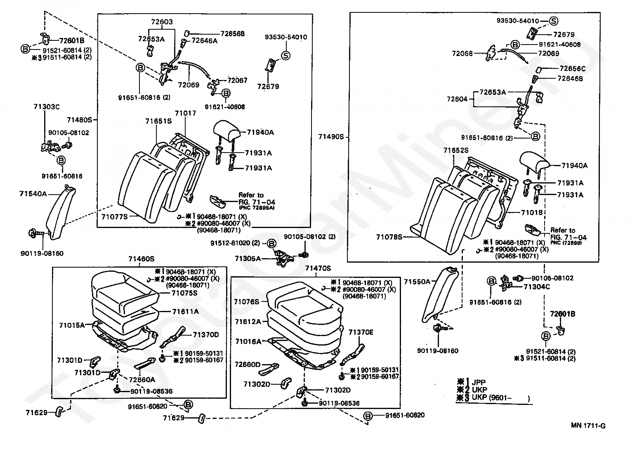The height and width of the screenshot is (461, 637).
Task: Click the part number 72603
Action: tap(162, 22)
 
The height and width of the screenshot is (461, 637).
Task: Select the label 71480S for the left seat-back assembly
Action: tap(80, 120)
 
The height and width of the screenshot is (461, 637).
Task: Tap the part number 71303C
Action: tap(47, 107)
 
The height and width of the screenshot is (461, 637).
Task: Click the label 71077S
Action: tap(114, 216)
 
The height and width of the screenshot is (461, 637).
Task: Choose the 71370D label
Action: tap(205, 334)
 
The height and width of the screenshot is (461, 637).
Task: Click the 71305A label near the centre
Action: tap(248, 259)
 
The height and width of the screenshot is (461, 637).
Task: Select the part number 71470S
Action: tap(318, 268)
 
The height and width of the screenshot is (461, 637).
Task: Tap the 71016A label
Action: tap(248, 341)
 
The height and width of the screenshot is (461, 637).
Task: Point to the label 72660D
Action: tap(248, 365)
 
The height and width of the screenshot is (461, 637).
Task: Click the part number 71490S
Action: tap(331, 136)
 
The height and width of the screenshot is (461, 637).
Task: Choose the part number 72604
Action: tap(457, 99)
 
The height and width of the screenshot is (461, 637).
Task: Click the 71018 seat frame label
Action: tap(532, 213)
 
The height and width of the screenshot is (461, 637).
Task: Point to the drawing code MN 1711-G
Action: tap(588, 426)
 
